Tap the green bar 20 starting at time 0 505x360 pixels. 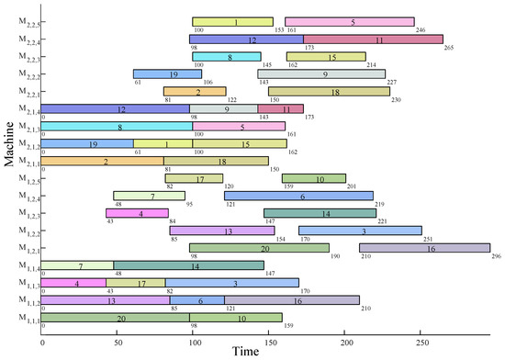coord(116,318)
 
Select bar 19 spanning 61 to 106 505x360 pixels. coord(162,74)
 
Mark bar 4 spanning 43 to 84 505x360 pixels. coord(137,213)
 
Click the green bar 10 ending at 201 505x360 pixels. coord(314,178)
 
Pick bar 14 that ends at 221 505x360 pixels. coord(320,213)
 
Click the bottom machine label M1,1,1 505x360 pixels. coord(27,319)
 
